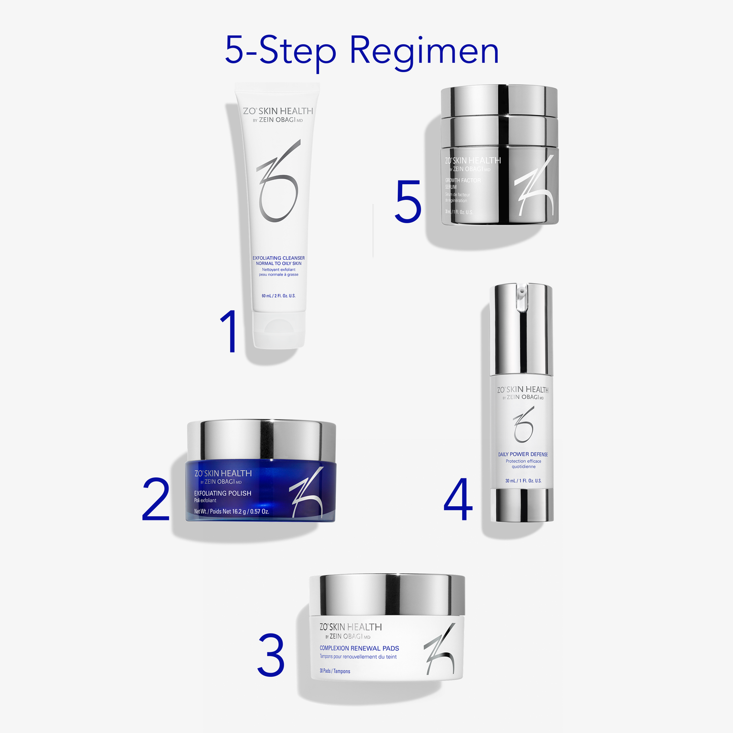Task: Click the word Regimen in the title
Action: (424, 52)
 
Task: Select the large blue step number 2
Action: (156, 500)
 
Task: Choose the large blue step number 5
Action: (408, 202)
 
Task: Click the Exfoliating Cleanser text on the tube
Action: (278, 258)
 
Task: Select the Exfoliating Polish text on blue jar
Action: (223, 493)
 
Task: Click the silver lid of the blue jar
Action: (261, 439)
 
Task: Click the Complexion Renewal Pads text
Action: (359, 648)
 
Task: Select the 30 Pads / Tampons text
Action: (335, 671)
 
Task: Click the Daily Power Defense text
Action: (523, 455)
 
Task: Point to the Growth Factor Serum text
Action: (463, 184)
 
